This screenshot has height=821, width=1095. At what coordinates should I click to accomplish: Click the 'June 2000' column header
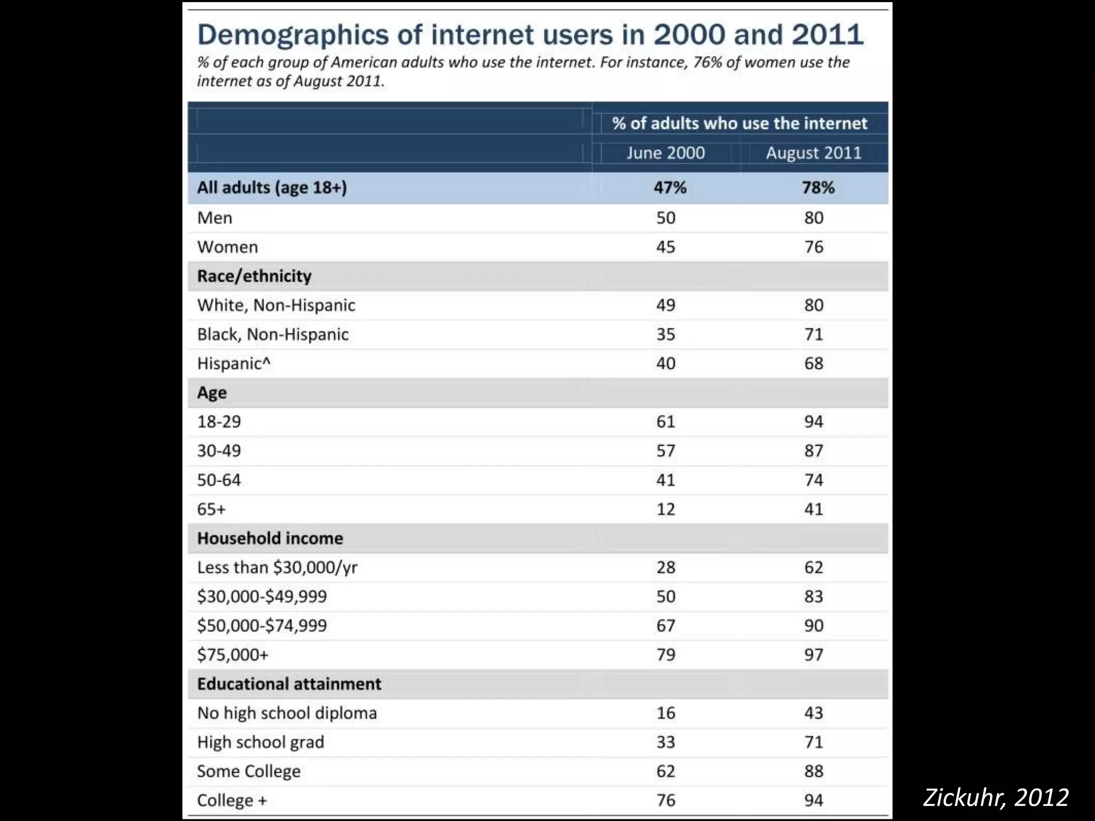(666, 153)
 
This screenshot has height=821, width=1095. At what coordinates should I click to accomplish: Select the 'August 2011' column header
(813, 153)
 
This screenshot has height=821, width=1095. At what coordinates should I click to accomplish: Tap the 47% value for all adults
(670, 188)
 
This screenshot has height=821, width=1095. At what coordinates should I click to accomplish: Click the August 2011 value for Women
(814, 247)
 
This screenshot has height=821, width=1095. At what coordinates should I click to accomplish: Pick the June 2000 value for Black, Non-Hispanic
(666, 335)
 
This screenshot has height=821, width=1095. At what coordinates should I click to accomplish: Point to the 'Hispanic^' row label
(234, 363)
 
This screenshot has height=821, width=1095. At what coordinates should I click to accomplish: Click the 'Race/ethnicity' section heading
(254, 276)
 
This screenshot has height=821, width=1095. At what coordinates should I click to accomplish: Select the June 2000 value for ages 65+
(666, 509)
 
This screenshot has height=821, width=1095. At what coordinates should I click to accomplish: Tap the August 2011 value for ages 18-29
(814, 422)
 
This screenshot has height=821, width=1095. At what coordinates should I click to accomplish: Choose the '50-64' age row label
(219, 480)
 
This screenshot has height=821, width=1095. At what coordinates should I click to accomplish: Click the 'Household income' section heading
(270, 538)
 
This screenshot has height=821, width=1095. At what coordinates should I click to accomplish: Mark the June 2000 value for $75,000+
(666, 655)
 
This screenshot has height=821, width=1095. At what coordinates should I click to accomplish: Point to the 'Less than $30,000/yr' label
(277, 568)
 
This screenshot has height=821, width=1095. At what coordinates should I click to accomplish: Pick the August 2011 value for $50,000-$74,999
(814, 626)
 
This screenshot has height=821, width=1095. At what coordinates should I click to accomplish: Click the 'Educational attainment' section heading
(289, 684)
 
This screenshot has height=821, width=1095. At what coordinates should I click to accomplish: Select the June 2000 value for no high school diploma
(666, 713)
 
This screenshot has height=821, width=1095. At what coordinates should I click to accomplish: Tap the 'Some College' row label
(249, 771)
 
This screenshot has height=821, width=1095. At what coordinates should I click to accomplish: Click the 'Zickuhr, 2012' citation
(996, 797)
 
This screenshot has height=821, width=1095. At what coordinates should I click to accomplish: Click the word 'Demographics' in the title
(293, 35)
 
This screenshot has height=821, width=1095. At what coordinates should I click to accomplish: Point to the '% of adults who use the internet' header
(739, 123)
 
